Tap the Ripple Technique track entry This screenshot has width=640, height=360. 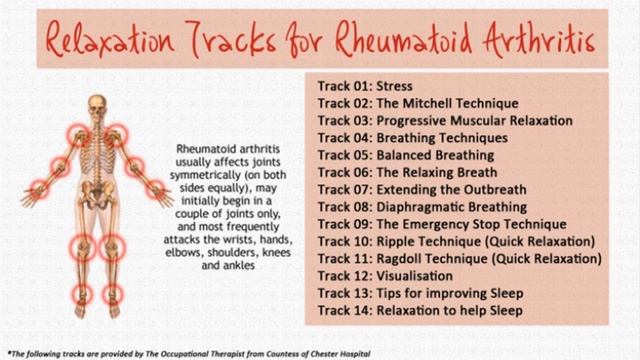456,241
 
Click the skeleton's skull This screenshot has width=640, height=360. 97,104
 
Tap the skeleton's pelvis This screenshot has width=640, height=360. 97,199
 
